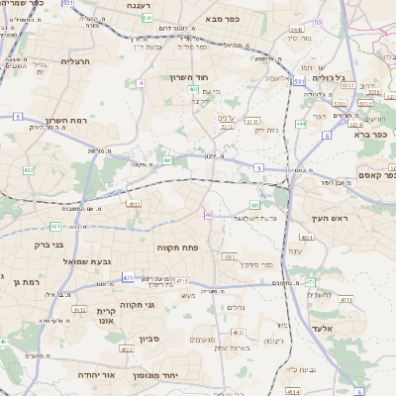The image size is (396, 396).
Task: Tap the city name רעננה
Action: click(147, 6)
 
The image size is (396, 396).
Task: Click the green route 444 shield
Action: click(300, 124)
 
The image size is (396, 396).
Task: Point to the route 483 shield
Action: click(229, 255)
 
